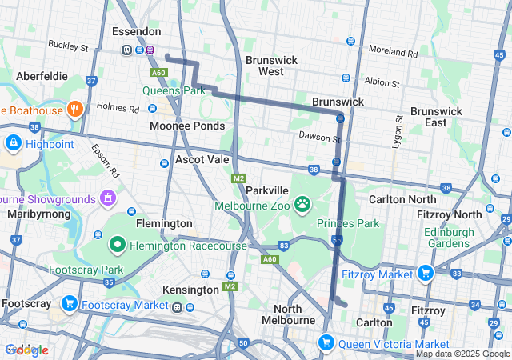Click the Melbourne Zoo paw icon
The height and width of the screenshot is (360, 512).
pos(302,205)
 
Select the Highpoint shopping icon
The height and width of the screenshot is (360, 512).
pos(13,143)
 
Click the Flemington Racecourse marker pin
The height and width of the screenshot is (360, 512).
pos(117,244)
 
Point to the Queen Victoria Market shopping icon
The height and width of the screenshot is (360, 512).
pos(326,343)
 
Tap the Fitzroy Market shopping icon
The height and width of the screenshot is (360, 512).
pos(424,274)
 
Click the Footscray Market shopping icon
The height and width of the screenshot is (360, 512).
pos(70,304)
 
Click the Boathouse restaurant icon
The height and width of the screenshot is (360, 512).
pos(74,109)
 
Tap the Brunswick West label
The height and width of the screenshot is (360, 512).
pos(271,66)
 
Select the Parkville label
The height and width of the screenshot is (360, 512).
pos(266,191)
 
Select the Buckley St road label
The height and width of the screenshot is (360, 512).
pos(68,46)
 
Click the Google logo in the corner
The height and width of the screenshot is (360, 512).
pos(26,350)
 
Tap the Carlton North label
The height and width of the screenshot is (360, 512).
pos(402,198)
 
